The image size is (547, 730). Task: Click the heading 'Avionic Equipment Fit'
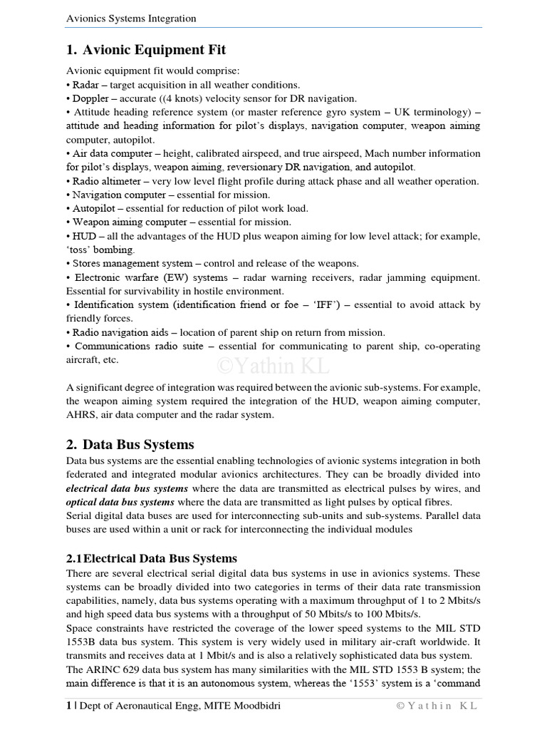coord(155,50)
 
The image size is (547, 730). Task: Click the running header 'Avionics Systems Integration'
coord(131,19)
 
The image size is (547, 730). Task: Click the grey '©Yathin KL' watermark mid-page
coord(273,366)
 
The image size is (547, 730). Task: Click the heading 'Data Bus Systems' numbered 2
coord(138,446)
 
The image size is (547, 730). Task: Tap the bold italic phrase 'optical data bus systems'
coord(120,502)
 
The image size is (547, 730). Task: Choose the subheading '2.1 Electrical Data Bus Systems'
coord(152,558)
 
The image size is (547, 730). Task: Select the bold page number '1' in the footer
coord(68,706)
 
